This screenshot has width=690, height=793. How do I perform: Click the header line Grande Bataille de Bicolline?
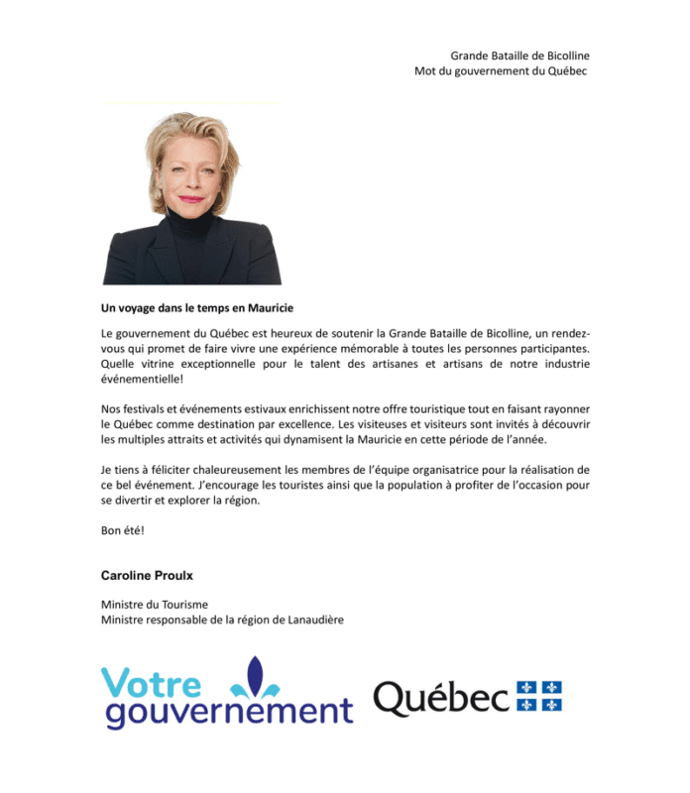pyautogui.click(x=519, y=56)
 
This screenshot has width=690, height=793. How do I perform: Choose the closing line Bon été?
pyautogui.click(x=123, y=530)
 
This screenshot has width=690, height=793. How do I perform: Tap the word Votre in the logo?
pyautogui.click(x=150, y=684)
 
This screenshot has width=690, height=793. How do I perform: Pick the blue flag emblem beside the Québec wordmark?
pyautogui.click(x=539, y=696)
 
